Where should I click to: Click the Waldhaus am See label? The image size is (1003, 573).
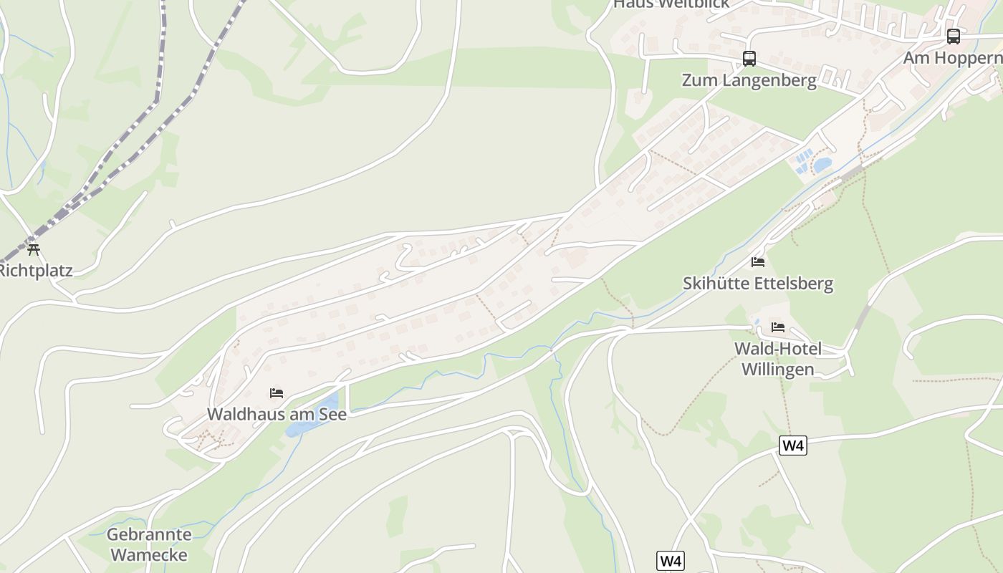point(277,414)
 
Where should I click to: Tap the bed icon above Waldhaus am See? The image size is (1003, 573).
point(277,393)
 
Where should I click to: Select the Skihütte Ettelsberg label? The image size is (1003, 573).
point(758,284)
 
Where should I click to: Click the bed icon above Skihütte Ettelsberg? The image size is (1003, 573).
point(758,261)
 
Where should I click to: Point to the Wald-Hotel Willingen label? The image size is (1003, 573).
point(777,359)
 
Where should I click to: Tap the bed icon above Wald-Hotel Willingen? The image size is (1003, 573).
point(778,327)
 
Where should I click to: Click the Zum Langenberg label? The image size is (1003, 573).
point(749,80)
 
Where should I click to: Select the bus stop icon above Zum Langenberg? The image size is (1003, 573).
point(749,58)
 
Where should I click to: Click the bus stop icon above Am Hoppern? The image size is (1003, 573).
point(953,36)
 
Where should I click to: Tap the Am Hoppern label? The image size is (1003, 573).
point(952,58)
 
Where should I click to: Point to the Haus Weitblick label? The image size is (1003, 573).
point(671,4)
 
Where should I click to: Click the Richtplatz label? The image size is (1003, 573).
point(34,271)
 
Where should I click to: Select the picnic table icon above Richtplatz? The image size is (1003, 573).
point(33,249)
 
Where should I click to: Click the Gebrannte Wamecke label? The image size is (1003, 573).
point(149,544)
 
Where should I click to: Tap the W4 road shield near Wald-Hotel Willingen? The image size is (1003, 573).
point(793,446)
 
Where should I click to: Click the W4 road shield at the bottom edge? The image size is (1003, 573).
point(670,560)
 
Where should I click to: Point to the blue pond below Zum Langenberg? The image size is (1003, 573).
point(822,165)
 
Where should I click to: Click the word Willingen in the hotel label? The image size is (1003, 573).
point(777,370)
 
